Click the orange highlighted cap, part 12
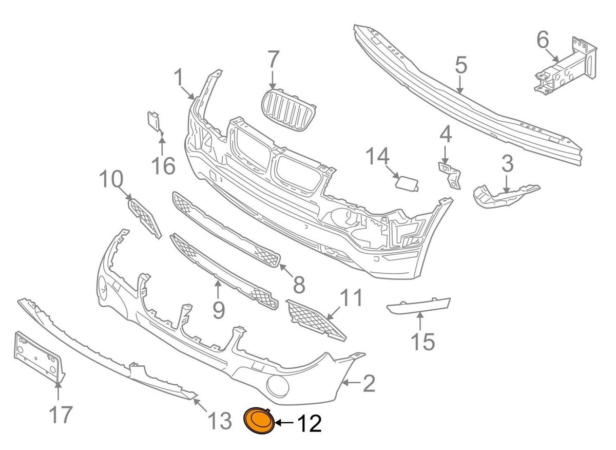click(x=259, y=421)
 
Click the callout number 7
click(x=272, y=61)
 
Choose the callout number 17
click(x=60, y=414)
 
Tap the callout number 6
click(x=543, y=39)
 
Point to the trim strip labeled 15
click(x=418, y=306)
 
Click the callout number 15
click(x=422, y=341)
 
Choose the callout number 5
click(x=460, y=65)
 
